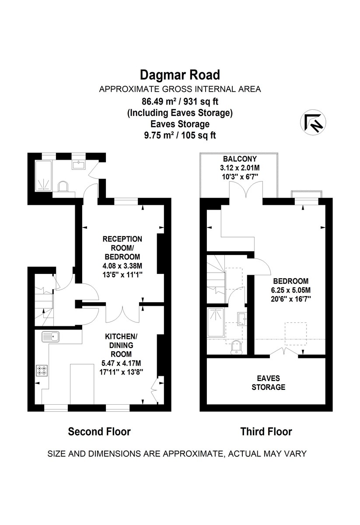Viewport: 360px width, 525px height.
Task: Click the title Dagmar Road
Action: tap(180, 75)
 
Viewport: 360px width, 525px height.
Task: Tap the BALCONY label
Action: tap(239, 159)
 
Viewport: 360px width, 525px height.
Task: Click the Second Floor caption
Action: tap(99, 432)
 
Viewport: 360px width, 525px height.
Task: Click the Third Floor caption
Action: tap(266, 432)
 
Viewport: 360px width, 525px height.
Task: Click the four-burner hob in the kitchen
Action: tap(42, 371)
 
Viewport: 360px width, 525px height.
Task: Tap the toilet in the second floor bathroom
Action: tap(63, 187)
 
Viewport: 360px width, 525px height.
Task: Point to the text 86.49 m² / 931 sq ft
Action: tap(180, 101)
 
